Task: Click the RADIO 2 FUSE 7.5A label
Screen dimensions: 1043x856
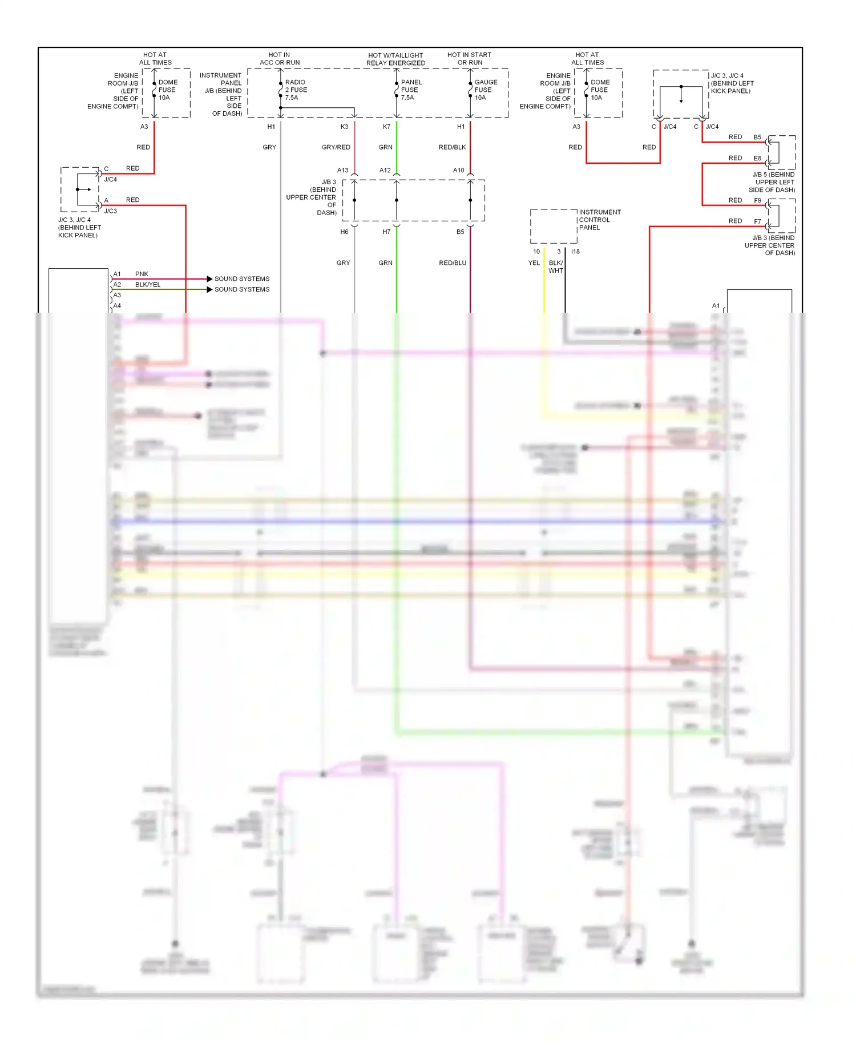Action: tap(296, 90)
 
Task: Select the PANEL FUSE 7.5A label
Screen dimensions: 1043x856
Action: tap(411, 90)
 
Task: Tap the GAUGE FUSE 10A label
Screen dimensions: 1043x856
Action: tap(486, 90)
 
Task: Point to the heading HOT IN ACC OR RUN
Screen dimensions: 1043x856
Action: tap(280, 59)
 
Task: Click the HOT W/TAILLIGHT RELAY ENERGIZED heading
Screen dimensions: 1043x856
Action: tap(395, 59)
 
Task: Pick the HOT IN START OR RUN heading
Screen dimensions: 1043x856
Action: tap(469, 59)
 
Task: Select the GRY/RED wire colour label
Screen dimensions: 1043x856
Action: tap(336, 147)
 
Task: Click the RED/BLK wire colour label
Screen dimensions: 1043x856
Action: tap(452, 147)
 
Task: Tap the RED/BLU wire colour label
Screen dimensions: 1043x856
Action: tap(452, 263)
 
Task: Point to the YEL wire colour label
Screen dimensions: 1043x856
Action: tap(534, 263)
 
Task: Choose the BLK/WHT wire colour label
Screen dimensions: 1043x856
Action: tap(555, 267)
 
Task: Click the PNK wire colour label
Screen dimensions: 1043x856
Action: tap(142, 274)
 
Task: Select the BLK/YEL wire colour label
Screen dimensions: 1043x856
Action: tap(148, 285)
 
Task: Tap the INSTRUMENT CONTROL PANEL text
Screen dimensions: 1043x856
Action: tap(599, 220)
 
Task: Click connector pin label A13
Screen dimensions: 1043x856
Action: tap(342, 171)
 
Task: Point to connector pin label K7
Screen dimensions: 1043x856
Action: tap(386, 127)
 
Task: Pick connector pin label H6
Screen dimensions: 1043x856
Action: tap(344, 232)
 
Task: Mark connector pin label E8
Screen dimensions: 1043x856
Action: tap(757, 158)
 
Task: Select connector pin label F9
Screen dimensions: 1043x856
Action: tap(757, 201)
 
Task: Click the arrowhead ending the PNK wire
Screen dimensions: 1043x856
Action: tap(209, 279)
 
